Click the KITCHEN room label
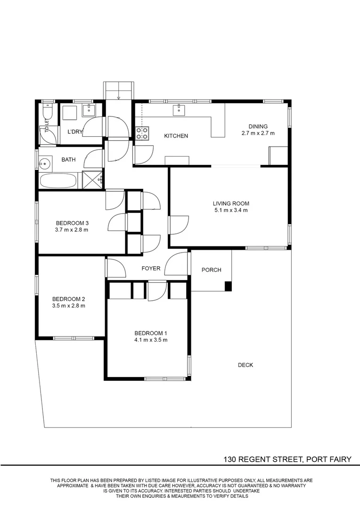tap(176, 136)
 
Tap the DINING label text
tap(258, 126)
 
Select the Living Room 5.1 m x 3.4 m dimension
tap(231, 210)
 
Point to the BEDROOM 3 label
tap(72, 223)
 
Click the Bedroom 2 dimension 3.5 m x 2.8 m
tap(68, 305)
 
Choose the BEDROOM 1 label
tap(151, 333)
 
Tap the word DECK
tap(245, 365)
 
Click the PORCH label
tap(211, 270)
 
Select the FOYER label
tap(151, 269)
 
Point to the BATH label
tap(68, 159)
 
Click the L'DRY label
tap(75, 132)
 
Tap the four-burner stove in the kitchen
tap(142, 133)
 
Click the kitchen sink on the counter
tap(179, 110)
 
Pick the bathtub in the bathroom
tap(58, 181)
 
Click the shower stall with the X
tap(93, 180)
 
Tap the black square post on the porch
tap(229, 286)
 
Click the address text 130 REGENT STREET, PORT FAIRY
tap(287, 460)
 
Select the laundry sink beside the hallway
tap(88, 110)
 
